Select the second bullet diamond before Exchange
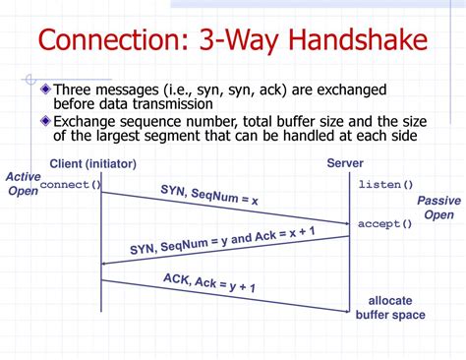pos(46,120)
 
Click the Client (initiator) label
pos(92,163)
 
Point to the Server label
pos(345,163)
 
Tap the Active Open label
pos(23,184)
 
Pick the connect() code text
pos(70,185)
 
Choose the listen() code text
pos(385,185)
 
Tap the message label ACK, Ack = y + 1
pos(210,286)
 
